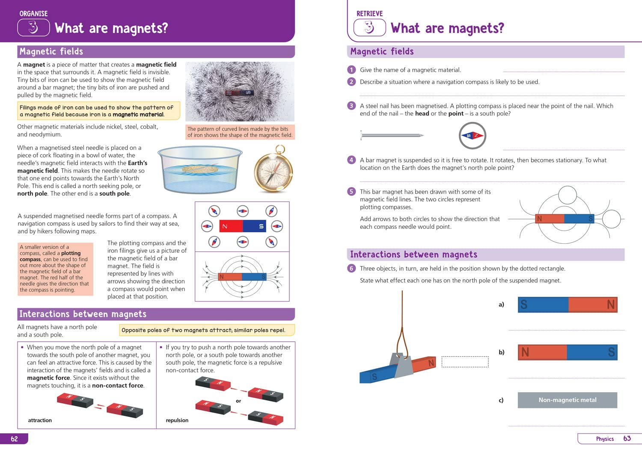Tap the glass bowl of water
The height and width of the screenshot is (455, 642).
click(200, 169)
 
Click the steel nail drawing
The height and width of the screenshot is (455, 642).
click(392, 136)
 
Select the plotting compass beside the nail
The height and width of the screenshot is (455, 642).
click(473, 136)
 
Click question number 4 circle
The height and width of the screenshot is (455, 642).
click(351, 160)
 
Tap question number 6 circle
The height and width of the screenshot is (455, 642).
click(351, 269)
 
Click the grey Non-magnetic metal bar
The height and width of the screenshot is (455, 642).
click(567, 400)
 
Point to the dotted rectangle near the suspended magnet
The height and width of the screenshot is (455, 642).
click(465, 362)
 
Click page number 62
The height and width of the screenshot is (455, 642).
click(15, 439)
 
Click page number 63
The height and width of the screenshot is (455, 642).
click(627, 438)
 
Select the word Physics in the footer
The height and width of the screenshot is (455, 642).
click(605, 439)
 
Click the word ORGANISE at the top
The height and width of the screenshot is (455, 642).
click(33, 14)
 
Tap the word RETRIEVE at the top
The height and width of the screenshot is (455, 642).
click(369, 14)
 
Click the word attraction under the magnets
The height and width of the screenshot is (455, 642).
click(40, 420)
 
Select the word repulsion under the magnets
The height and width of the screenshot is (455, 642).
click(177, 420)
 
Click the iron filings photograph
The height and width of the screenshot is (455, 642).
click(240, 92)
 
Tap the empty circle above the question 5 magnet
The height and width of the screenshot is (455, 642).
click(568, 195)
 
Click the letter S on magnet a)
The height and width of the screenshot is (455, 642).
click(524, 304)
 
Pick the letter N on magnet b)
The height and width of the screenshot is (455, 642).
click(525, 352)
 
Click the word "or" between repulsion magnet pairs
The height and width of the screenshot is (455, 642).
click(238, 401)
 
